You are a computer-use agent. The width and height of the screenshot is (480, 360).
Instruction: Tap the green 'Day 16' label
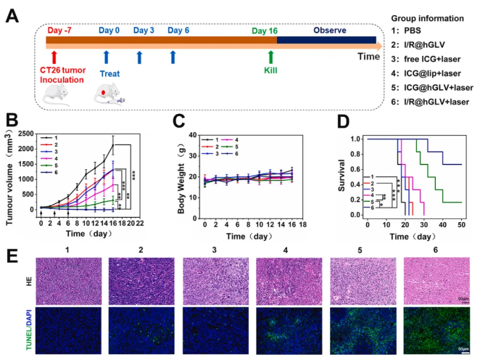268,30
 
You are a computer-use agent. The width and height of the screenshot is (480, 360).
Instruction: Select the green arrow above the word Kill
270,57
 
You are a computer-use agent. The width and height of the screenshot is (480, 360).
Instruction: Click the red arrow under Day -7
55,57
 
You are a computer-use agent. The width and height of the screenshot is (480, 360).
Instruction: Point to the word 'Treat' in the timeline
109,73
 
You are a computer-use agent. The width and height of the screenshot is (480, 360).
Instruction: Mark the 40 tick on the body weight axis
191,135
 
